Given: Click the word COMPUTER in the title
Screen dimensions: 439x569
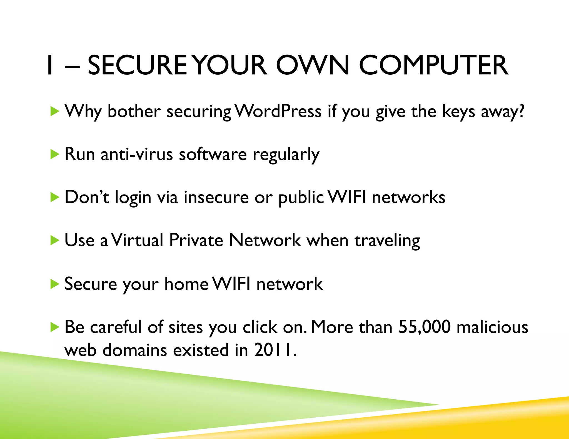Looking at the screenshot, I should click(433, 65).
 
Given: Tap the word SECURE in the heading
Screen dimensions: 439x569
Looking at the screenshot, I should click(137, 65).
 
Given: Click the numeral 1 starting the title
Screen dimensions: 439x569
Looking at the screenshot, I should click(50, 65).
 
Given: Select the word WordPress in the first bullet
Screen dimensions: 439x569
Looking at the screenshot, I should click(278, 111).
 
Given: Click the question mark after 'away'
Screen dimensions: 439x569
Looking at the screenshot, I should click(521, 111).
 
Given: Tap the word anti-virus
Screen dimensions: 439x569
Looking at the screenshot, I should click(137, 154).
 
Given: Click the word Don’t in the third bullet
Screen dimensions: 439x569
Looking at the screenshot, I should click(87, 197).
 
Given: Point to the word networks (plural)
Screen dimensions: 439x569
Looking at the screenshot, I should click(408, 197).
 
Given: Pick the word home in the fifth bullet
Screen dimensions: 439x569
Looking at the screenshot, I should click(186, 284).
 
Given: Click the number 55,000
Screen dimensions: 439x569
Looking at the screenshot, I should click(424, 327).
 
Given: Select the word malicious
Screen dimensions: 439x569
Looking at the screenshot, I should click(492, 327).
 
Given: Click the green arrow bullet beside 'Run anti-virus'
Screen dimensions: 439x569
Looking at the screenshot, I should click(55, 154).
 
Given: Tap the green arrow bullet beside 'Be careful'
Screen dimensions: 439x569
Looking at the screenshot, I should click(55, 327).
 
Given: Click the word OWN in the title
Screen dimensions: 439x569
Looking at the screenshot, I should click(312, 65).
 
